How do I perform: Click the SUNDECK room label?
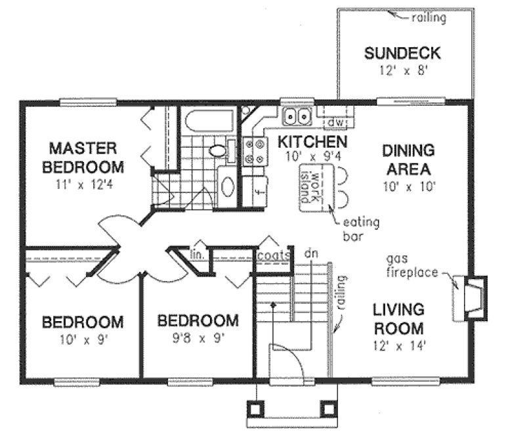[x=402, y=53]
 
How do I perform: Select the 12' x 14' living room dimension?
[x=398, y=345]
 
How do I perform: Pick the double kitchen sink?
[x=296, y=118]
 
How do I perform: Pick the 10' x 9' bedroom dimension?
[x=82, y=340]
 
